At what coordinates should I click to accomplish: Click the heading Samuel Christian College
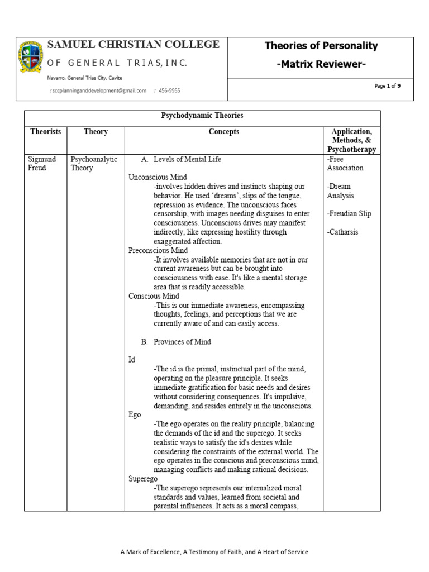pyautogui.click(x=134, y=45)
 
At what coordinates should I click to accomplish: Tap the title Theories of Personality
pyautogui.click(x=321, y=46)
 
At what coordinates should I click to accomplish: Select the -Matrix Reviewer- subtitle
pyautogui.click(x=321, y=65)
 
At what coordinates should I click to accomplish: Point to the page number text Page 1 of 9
pyautogui.click(x=388, y=86)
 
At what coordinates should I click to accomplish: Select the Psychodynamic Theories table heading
pyautogui.click(x=202, y=116)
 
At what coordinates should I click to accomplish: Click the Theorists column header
pyautogui.click(x=45, y=132)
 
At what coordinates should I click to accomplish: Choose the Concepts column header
pyautogui.click(x=223, y=132)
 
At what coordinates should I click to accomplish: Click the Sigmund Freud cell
pyautogui.click(x=42, y=164)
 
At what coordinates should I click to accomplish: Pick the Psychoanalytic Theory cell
pyautogui.click(x=94, y=164)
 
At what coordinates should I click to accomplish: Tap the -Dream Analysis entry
pyautogui.click(x=341, y=191)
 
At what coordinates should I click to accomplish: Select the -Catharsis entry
pyautogui.click(x=343, y=232)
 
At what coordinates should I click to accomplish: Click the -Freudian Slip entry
pyautogui.click(x=349, y=213)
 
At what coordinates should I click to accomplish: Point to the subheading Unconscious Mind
pyautogui.click(x=158, y=177)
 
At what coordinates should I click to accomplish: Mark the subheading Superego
pyautogui.click(x=143, y=479)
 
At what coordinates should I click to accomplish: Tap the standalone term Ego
pyautogui.click(x=135, y=415)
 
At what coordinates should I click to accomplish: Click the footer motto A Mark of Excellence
pyautogui.click(x=214, y=552)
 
